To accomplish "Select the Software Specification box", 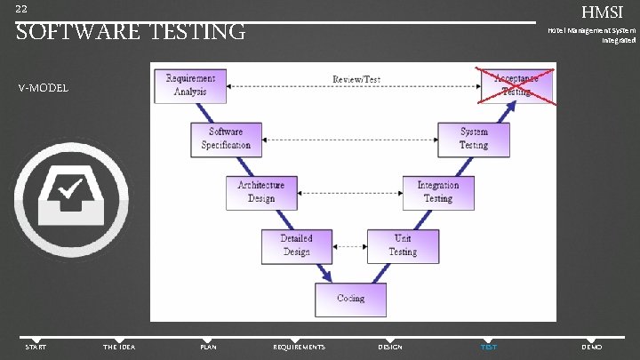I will (x=226, y=138).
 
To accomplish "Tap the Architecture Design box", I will (x=260, y=191).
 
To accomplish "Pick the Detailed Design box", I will (x=296, y=244).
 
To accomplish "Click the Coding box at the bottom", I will (x=350, y=298).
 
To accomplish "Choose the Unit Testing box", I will (x=403, y=244).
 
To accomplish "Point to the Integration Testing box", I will (x=437, y=191).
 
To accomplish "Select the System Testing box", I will (x=474, y=138).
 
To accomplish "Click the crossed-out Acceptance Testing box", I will (x=516, y=84).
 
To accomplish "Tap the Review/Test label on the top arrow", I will (x=356, y=79).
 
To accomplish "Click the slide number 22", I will (x=21, y=9).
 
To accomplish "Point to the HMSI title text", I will (x=603, y=12).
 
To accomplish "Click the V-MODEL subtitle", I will (x=42, y=88).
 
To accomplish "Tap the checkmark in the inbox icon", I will (x=68, y=189).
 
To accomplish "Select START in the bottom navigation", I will (x=36, y=347).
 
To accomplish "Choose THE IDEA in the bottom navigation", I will (x=119, y=347).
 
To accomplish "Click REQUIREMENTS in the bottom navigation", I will (x=299, y=347).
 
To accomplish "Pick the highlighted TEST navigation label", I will (x=489, y=347).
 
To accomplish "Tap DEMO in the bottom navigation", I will (x=591, y=347).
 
